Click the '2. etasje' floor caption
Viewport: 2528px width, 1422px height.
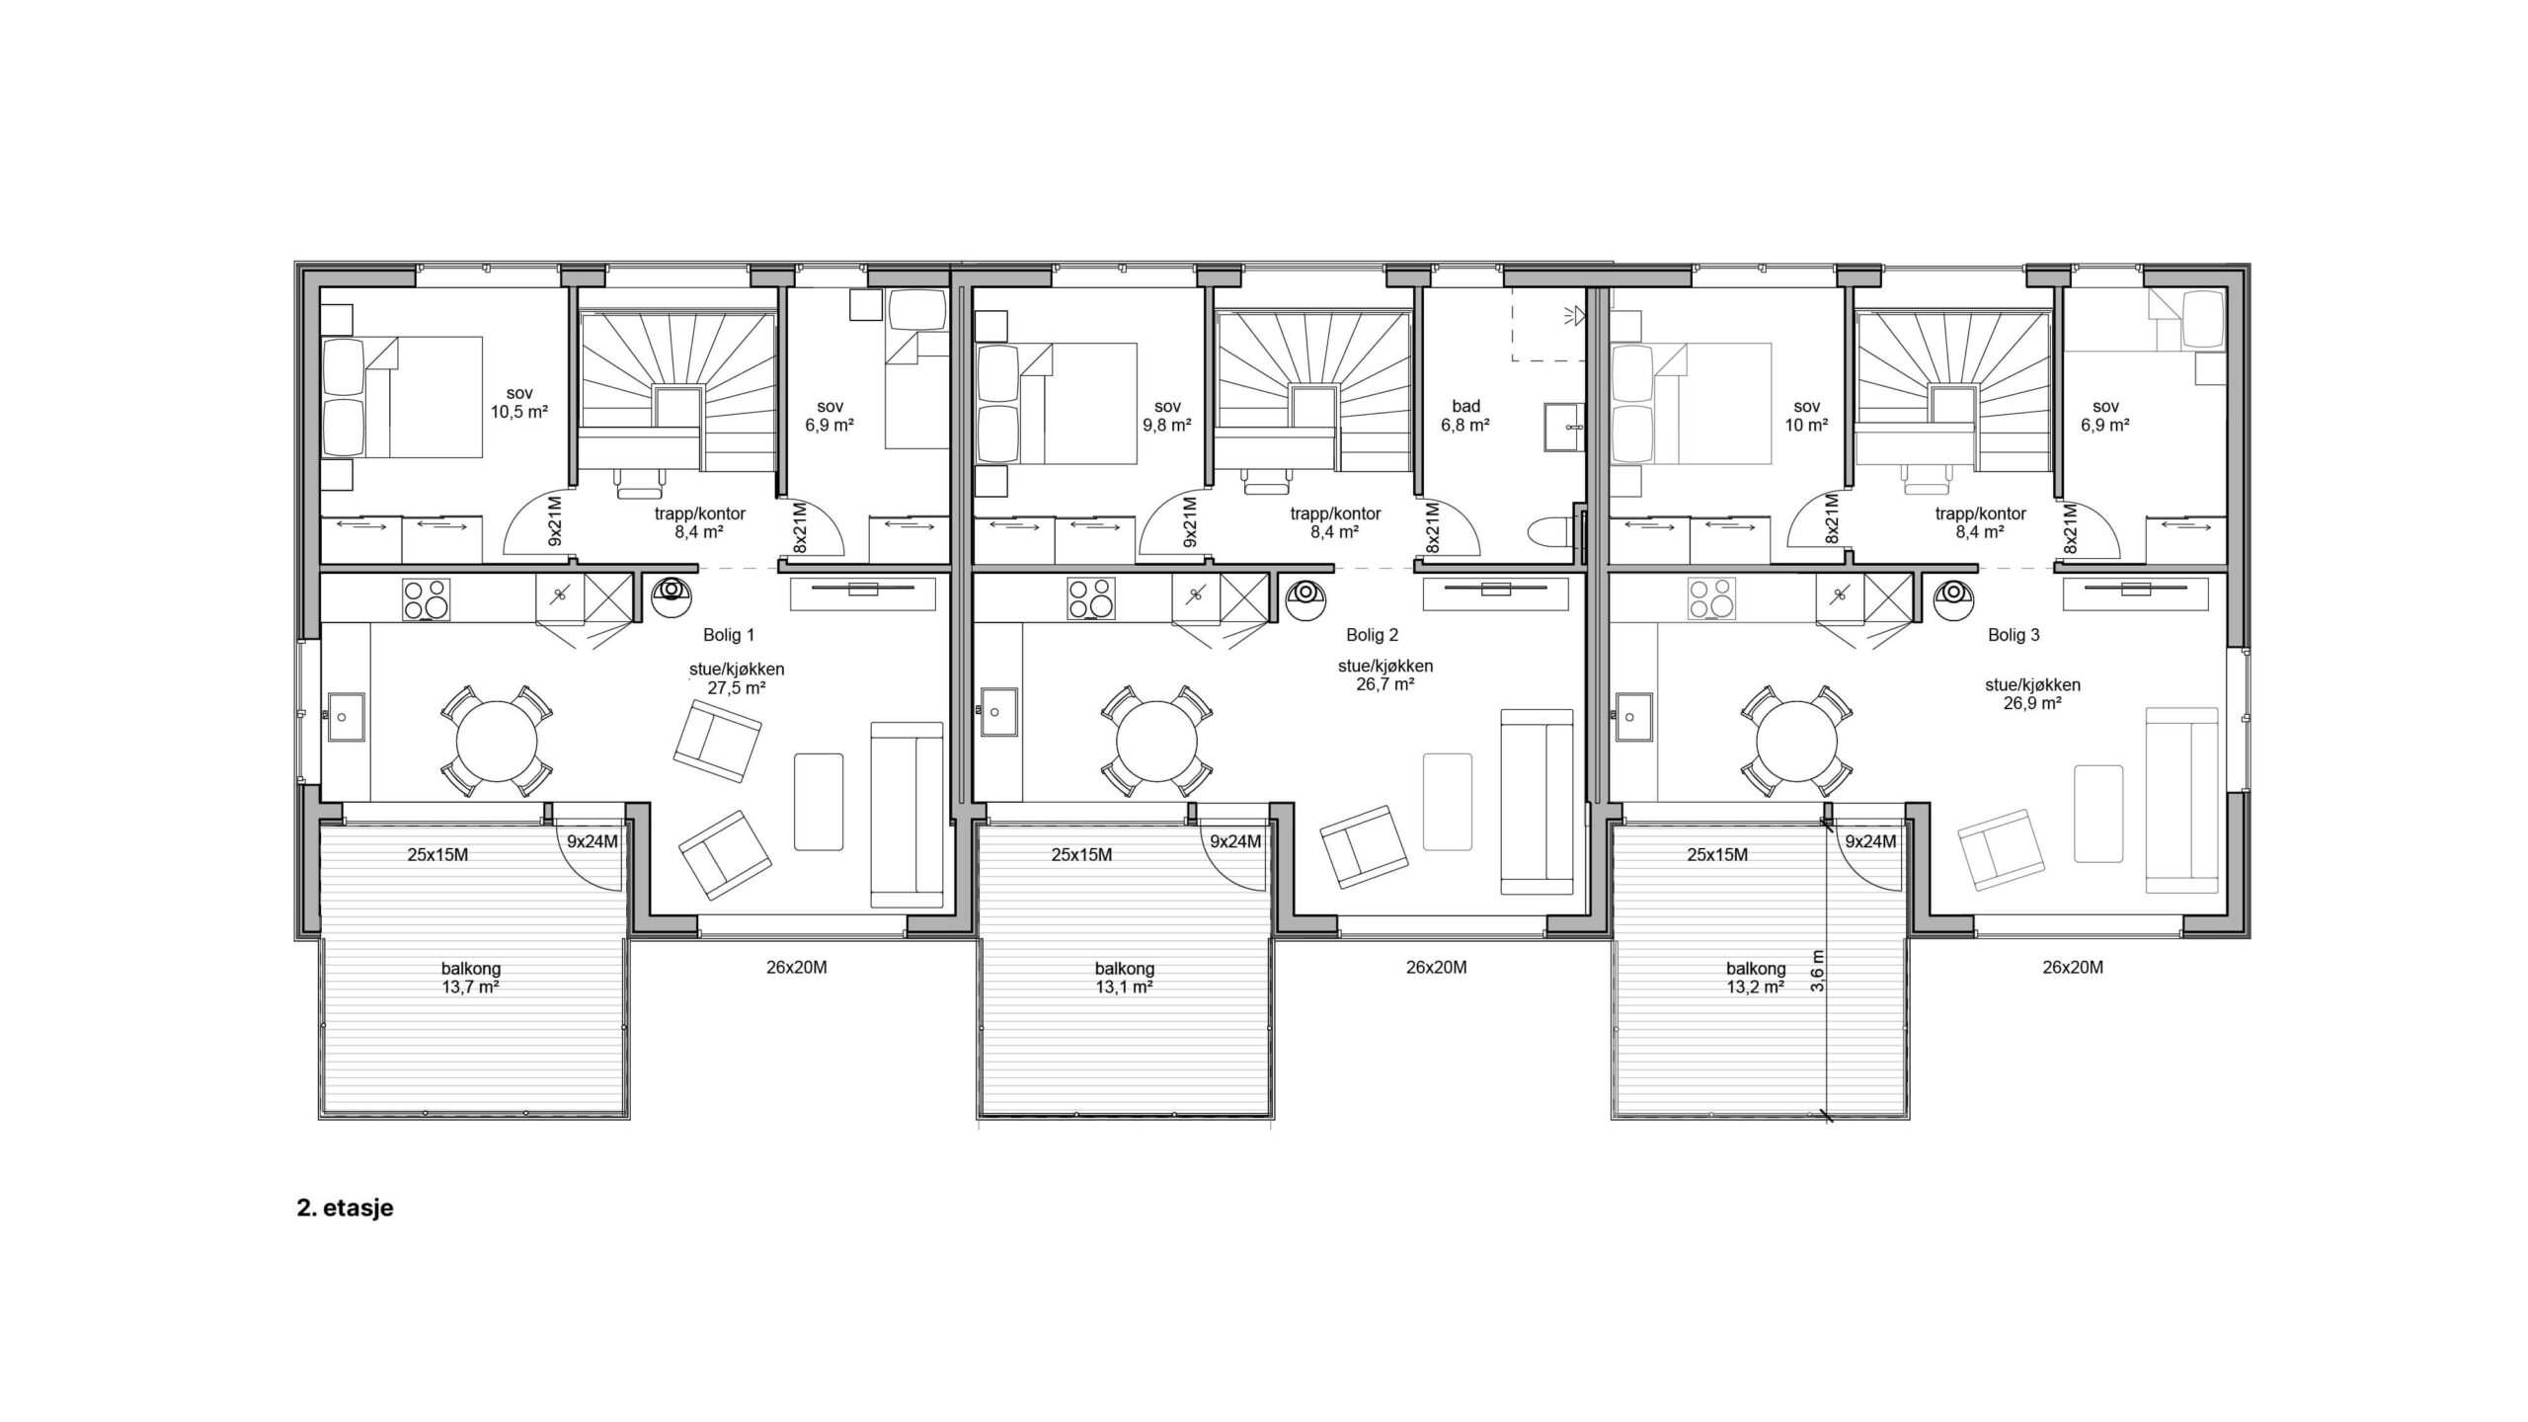point(345,1209)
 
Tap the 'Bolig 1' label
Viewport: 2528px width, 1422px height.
point(729,635)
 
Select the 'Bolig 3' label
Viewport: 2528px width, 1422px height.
point(2014,635)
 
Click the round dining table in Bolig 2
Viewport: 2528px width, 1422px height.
point(1157,741)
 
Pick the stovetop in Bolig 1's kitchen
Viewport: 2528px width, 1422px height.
point(426,600)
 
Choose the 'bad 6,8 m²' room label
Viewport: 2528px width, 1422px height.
point(1465,416)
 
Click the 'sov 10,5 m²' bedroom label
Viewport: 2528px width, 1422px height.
point(519,403)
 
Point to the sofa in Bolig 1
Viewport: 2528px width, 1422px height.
point(907,815)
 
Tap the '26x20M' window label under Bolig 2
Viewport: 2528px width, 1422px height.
point(1436,968)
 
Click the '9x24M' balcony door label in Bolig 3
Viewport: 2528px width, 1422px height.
point(1870,842)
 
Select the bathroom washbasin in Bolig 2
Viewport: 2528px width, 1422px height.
point(1564,426)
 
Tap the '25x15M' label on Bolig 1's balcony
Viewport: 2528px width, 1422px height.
point(437,855)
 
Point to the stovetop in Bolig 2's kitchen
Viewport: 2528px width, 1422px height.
point(1090,600)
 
